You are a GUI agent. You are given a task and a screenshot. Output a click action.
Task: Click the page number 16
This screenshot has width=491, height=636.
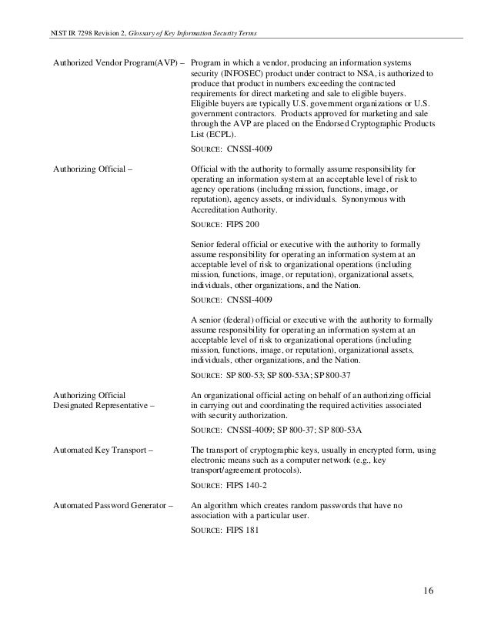coord(429,591)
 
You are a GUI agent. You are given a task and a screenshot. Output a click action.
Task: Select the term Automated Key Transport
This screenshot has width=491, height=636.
coord(102,448)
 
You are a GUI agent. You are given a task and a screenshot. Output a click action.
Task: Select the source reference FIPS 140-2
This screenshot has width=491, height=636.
coord(248,487)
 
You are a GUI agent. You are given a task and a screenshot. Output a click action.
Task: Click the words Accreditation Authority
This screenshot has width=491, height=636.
coord(235,209)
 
